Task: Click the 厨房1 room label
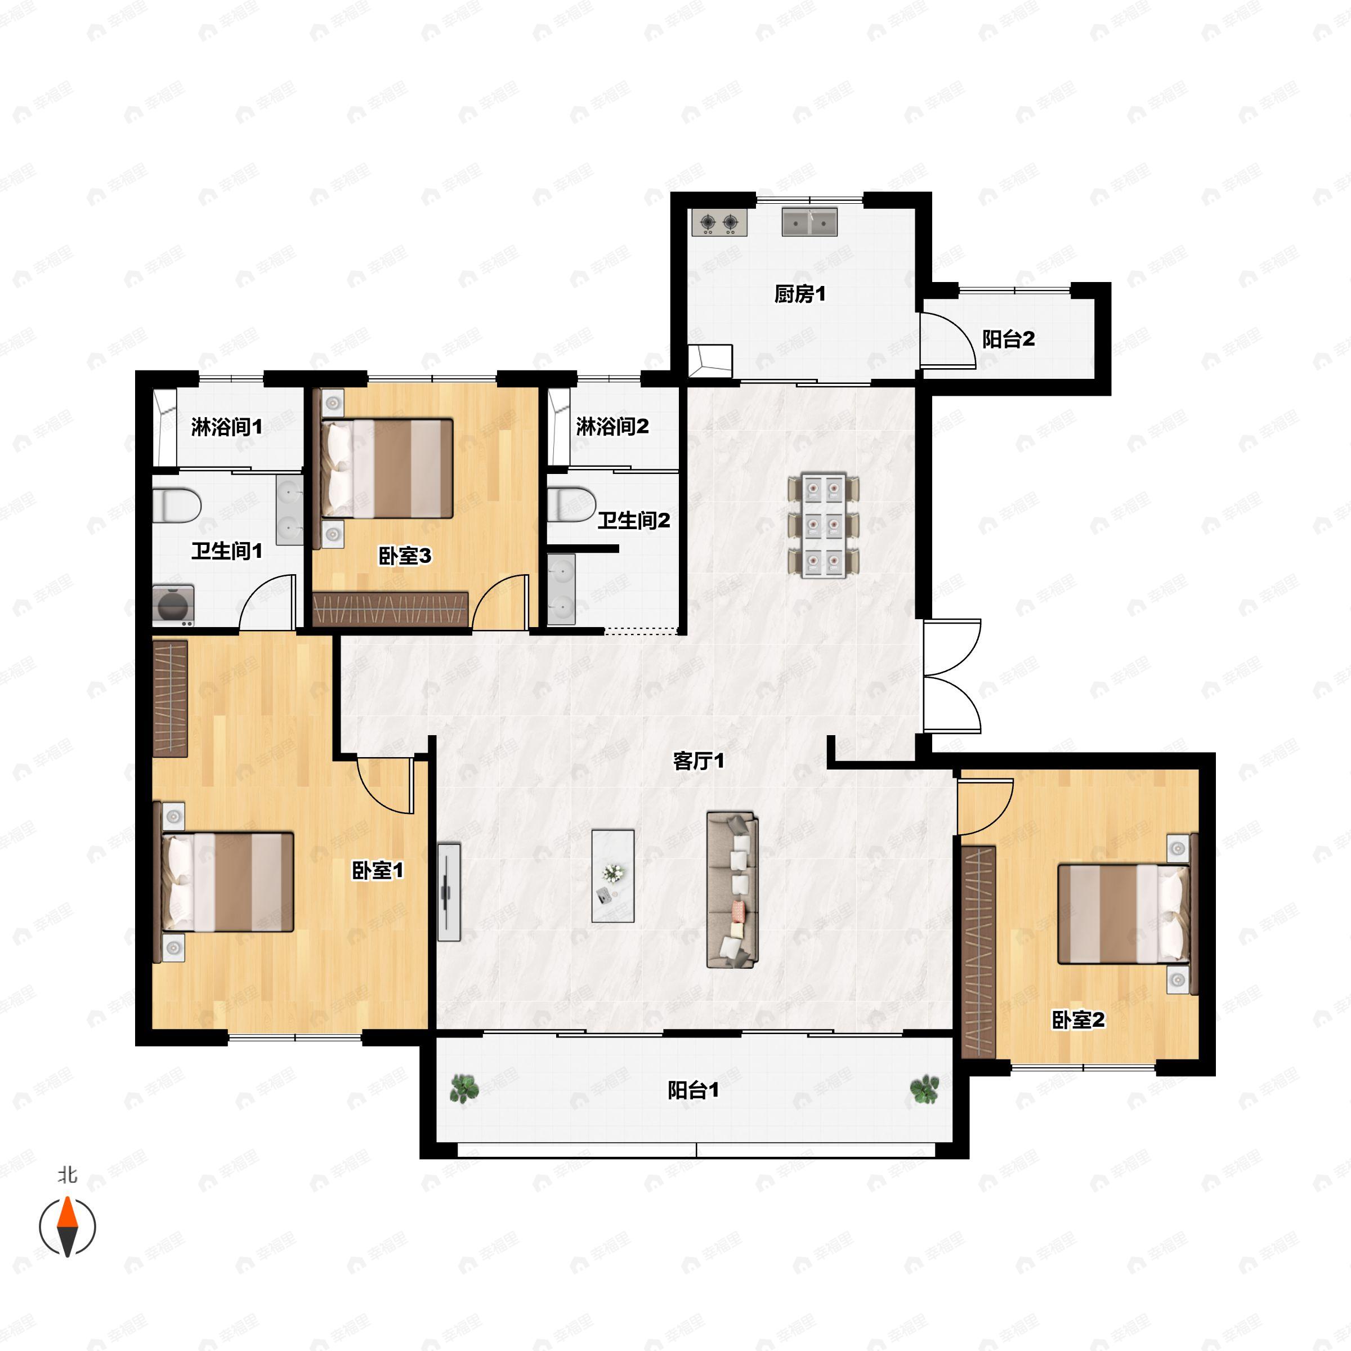coord(799,294)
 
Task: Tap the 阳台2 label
coord(1008,339)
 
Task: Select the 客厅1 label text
coord(698,761)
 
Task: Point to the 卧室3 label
coord(404,556)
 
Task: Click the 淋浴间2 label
coord(612,426)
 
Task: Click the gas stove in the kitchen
coord(719,222)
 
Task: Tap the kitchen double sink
coord(809,221)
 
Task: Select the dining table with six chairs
coord(823,526)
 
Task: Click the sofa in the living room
coord(732,889)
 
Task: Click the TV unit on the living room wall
coord(449,892)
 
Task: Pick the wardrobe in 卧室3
coord(390,609)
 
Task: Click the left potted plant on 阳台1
coord(464,1089)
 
